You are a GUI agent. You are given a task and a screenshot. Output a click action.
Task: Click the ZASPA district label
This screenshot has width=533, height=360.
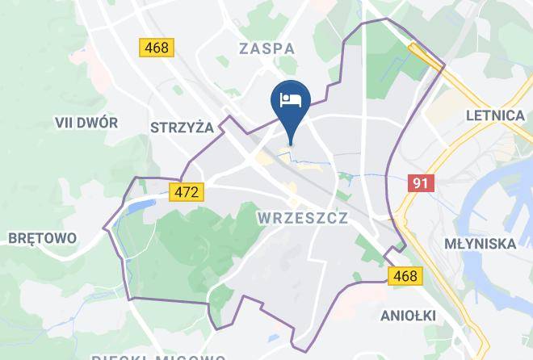[x=266, y=48]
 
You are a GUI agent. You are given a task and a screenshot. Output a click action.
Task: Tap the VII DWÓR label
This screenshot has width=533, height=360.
[x=86, y=123]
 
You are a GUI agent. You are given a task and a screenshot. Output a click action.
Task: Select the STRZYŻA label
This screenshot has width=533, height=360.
[x=182, y=127]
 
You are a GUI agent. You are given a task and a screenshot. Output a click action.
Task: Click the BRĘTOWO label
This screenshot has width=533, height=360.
[x=41, y=238]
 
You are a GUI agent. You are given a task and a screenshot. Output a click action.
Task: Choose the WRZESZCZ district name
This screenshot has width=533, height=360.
[x=303, y=217]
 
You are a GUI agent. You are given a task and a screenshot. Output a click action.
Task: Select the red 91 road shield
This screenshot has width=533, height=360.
[x=420, y=183]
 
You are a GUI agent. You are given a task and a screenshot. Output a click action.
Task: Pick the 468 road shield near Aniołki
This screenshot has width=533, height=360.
[x=405, y=277]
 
